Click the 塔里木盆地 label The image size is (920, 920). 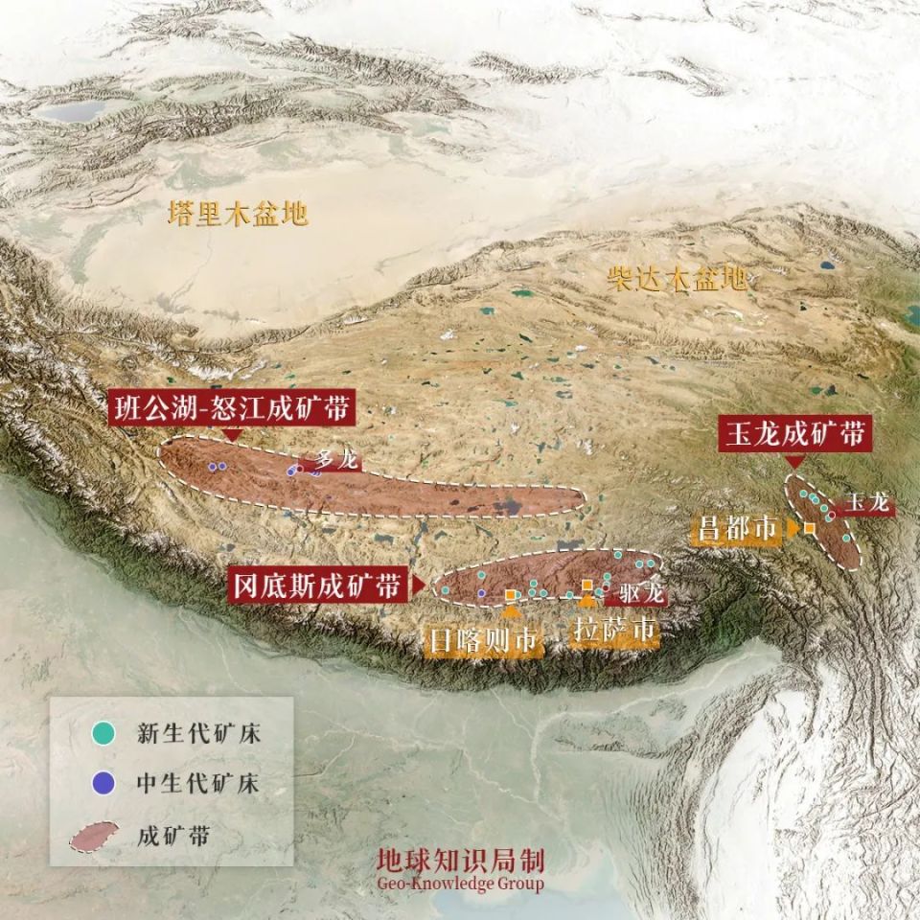pyautogui.click(x=238, y=213)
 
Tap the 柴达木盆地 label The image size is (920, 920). pyautogui.click(x=677, y=279)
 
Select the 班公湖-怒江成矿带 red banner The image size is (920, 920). pyautogui.click(x=231, y=407)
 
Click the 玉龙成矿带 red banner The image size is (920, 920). pyautogui.click(x=794, y=434)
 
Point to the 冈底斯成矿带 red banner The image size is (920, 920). pyautogui.click(x=317, y=584)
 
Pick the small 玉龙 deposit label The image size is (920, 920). pyautogui.click(x=868, y=502)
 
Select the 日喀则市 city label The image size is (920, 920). pyautogui.click(x=484, y=639)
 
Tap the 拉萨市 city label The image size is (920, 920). pyautogui.click(x=614, y=632)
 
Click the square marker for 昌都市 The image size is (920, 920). pyautogui.click(x=810, y=528)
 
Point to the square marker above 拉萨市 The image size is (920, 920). pyautogui.click(x=587, y=585)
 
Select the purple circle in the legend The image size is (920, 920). pyautogui.click(x=103, y=784)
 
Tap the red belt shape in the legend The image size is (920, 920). pyautogui.click(x=95, y=836)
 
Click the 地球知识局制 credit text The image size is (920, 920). pyautogui.click(x=460, y=860)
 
